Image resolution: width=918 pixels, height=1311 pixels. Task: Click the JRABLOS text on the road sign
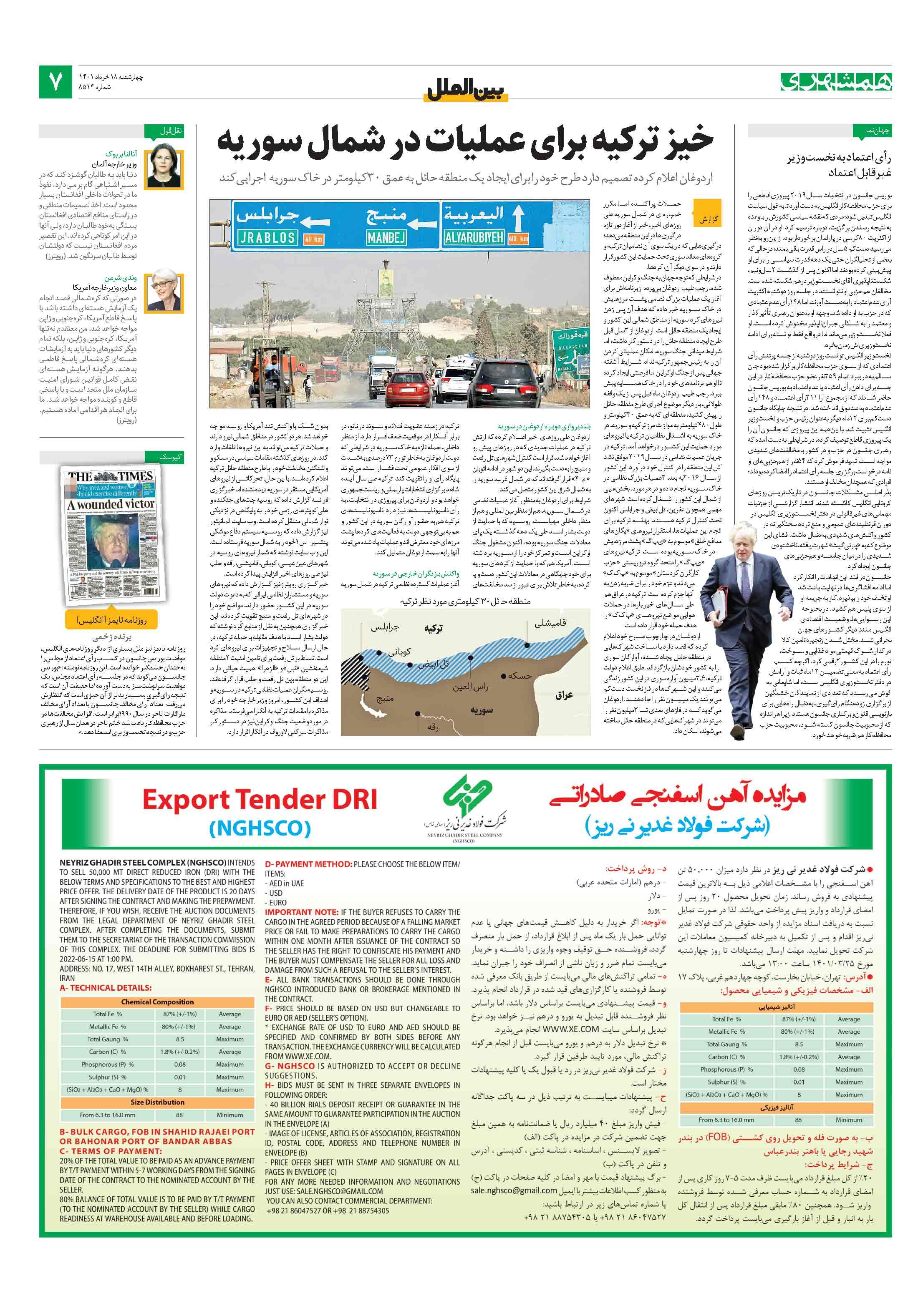tap(267, 237)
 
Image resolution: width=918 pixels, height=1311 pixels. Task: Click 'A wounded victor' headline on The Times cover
tap(111, 504)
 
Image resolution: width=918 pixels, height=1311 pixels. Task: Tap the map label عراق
tap(563, 695)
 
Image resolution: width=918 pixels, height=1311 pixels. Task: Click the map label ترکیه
tap(433, 629)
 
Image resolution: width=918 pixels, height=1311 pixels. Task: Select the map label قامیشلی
tap(550, 623)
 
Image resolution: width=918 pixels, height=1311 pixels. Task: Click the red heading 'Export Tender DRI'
tap(260, 799)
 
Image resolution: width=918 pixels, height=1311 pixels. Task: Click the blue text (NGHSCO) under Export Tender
tap(260, 828)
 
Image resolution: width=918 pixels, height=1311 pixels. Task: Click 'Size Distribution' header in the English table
tap(157, 1102)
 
